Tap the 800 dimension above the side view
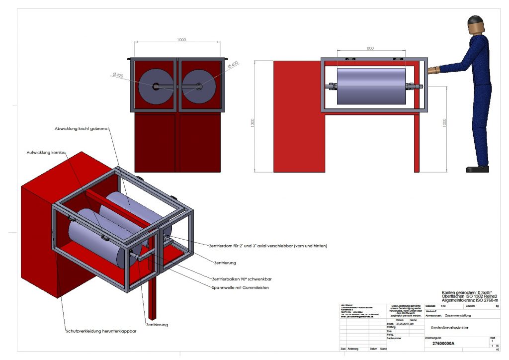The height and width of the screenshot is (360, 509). pyautogui.click(x=371, y=48)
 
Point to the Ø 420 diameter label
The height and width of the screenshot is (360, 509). pyautogui.click(x=117, y=75)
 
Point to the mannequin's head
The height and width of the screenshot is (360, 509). pyautogui.click(x=475, y=23)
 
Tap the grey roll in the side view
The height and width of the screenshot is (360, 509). pyautogui.click(x=371, y=86)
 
